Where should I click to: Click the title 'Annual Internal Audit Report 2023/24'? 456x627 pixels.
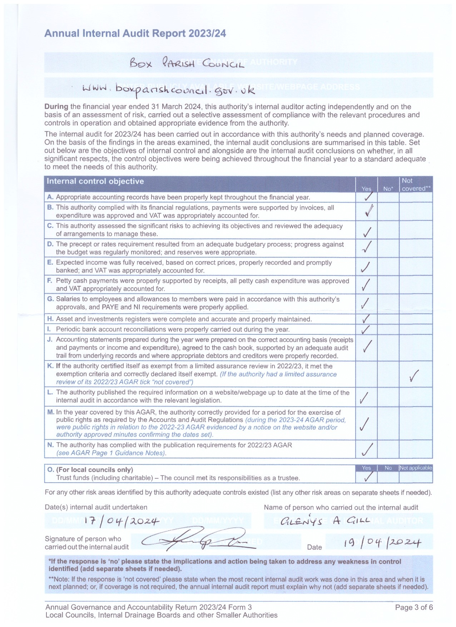tap(135, 34)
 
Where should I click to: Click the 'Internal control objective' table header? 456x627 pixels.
tap(95, 181)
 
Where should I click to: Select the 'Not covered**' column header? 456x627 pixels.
tap(416, 184)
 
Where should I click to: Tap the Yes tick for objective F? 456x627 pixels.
tap(366, 285)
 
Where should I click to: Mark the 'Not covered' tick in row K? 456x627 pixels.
tap(415, 375)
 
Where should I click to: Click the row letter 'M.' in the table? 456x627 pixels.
tap(51, 412)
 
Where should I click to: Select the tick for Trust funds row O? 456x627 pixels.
tap(367, 477)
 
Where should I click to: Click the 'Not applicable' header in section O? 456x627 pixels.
tap(416, 468)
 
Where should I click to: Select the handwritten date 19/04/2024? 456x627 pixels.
tap(382, 543)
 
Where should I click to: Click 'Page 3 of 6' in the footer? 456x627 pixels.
tap(414, 607)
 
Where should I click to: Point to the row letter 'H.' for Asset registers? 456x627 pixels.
tap(50, 319)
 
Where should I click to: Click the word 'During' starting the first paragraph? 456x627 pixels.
tap(56, 107)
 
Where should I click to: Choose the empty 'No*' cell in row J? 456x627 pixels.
tap(388, 347)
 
